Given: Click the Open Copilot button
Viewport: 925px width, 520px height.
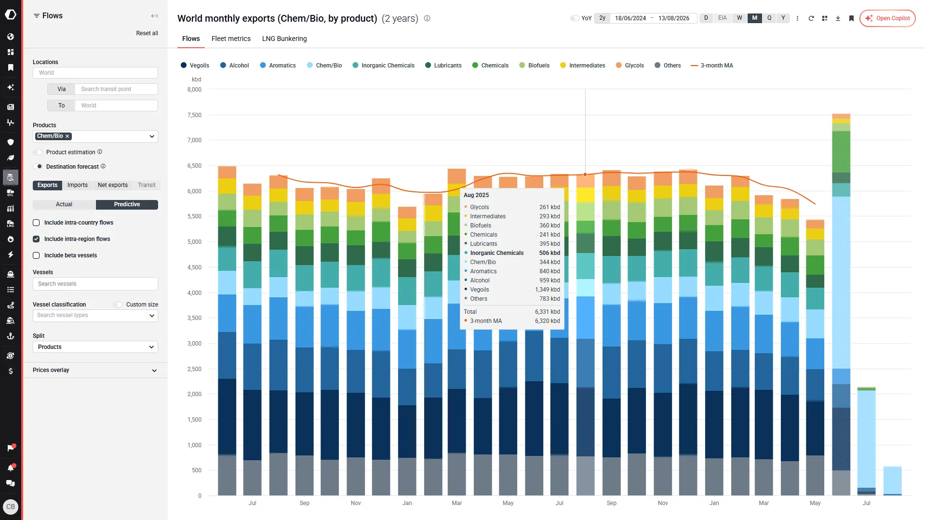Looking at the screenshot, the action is [887, 18].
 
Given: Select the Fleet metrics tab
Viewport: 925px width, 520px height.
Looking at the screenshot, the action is [231, 39].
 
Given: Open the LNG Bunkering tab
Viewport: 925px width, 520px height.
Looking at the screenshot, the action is [284, 39].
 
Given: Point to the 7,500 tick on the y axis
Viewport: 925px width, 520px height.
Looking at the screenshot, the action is [194, 115].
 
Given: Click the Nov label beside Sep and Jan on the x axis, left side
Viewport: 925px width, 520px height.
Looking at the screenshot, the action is [356, 503].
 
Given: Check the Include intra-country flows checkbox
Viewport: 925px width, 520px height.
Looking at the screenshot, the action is [36, 223].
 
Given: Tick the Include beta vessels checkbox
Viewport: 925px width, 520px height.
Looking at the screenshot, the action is [36, 255].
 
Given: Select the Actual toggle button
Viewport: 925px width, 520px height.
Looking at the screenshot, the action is [64, 204].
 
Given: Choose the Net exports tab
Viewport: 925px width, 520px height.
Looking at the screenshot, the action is [113, 185].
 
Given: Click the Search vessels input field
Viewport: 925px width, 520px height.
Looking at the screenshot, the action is [95, 284].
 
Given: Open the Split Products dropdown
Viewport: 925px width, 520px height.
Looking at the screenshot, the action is [95, 347].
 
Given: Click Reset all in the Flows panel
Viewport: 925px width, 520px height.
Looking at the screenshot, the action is [147, 33].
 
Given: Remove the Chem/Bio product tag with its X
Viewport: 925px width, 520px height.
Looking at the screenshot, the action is [67, 136].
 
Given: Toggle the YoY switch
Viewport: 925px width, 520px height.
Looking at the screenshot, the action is [575, 18].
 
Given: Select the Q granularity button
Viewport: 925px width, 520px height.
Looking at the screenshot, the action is [769, 18].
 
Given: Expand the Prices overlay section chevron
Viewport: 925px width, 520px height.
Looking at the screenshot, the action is [154, 371].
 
